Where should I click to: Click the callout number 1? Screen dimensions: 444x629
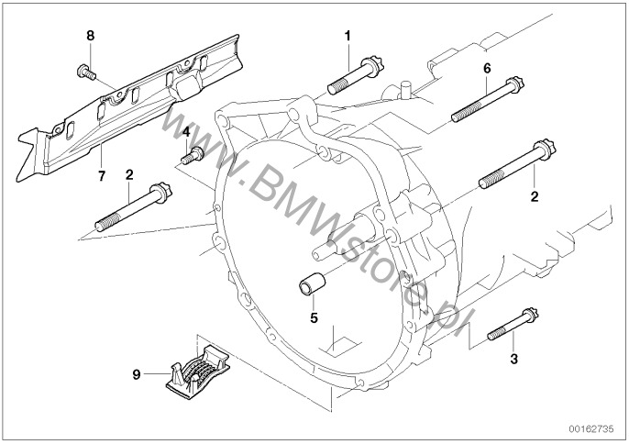click(x=348, y=36)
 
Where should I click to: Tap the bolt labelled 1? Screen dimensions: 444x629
click(x=354, y=74)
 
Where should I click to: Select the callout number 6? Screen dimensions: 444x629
click(x=487, y=68)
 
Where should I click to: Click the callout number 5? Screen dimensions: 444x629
click(x=313, y=318)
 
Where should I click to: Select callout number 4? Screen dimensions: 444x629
click(x=186, y=131)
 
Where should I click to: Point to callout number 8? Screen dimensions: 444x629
click(x=90, y=36)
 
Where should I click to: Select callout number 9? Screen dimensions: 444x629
click(x=137, y=373)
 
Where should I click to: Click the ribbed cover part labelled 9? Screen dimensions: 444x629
click(x=198, y=371)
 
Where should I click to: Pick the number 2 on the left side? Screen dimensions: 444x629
click(x=129, y=174)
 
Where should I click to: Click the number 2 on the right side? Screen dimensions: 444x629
click(x=533, y=196)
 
